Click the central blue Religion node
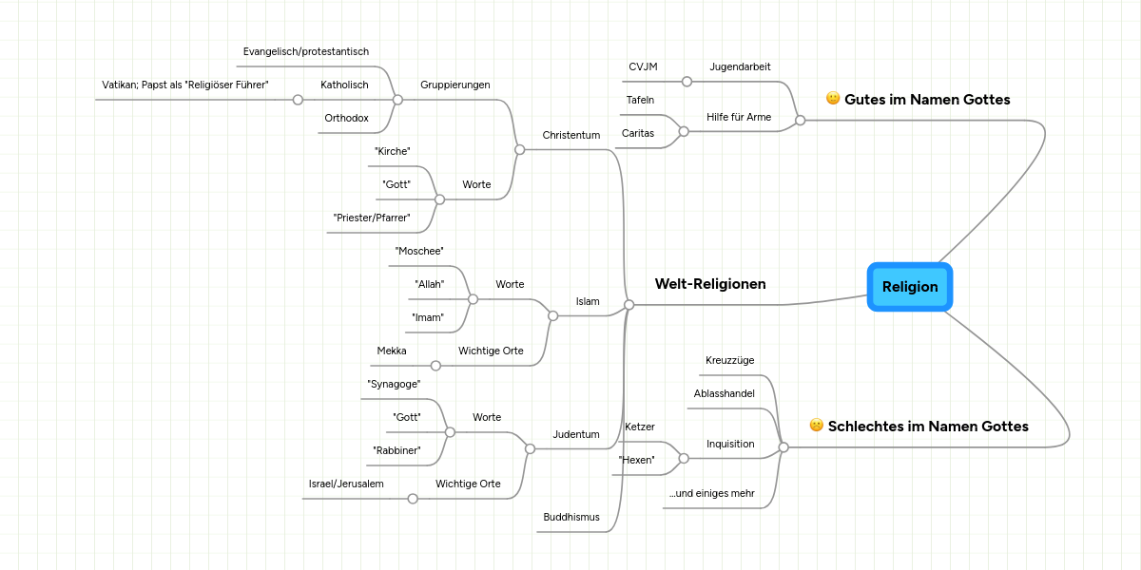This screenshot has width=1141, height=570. coord(910,287)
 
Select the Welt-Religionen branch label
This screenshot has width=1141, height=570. coord(709,284)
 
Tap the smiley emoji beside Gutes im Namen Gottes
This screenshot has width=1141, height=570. coord(833,99)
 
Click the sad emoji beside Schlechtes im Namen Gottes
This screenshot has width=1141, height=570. coord(816,426)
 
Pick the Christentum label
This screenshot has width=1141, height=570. coord(570,135)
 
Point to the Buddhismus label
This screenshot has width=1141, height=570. coord(570,517)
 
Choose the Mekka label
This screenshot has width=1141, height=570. coord(392,351)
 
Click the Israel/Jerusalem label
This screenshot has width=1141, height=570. coord(346,484)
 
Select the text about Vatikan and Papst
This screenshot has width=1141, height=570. coord(185,85)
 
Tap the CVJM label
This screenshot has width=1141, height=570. coord(643,66)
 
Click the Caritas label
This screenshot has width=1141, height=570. coord(638,133)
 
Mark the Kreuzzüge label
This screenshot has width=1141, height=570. coord(729,360)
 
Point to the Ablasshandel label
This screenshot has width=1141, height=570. coord(724,393)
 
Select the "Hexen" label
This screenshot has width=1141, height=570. coord(636,460)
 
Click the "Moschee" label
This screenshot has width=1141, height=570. coord(419,251)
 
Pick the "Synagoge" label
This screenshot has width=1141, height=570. coord(394,384)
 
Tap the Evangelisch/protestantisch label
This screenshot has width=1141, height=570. coord(305,51)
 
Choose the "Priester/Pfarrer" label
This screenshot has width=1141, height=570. coord(372,218)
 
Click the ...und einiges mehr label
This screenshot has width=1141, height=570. coord(711,493)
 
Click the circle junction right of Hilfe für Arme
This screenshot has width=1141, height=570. coord(800,121)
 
